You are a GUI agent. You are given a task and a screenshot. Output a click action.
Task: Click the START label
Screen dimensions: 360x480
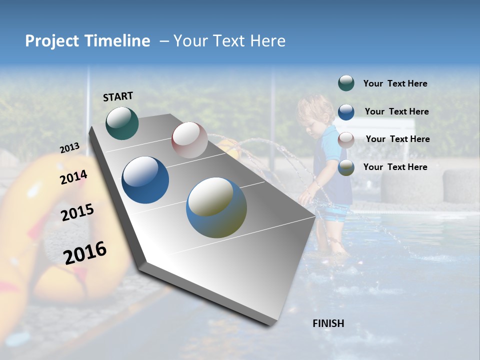click(x=118, y=96)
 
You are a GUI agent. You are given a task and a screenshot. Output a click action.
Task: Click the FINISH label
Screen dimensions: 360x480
click(x=328, y=323)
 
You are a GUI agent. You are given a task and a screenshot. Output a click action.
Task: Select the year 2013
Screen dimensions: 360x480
click(x=69, y=148)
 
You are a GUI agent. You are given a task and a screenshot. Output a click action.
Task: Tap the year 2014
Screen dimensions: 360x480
click(x=73, y=177)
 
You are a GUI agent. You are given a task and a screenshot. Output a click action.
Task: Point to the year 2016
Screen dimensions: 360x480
click(x=85, y=253)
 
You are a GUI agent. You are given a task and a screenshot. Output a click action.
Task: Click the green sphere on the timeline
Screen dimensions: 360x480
click(x=122, y=123)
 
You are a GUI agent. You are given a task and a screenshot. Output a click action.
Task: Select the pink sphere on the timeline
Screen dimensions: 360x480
click(x=189, y=140)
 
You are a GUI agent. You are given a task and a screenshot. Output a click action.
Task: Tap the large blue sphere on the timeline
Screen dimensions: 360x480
click(x=145, y=180)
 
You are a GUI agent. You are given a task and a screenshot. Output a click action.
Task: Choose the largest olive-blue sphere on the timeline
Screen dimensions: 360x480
click(x=216, y=207)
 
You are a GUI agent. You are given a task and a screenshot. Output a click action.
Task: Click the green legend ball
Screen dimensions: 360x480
click(x=346, y=83)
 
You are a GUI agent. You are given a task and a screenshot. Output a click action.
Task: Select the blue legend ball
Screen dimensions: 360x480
click(x=346, y=112)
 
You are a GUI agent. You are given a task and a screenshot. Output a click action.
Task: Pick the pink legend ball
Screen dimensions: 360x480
click(x=346, y=139)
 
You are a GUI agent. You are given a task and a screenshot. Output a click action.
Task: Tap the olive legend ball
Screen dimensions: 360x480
click(x=346, y=167)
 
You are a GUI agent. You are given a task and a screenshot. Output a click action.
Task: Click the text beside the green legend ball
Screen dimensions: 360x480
click(x=395, y=84)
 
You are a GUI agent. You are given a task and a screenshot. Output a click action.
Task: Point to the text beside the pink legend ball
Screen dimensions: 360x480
click(x=397, y=139)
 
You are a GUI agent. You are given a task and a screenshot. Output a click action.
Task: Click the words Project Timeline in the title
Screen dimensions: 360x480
click(x=87, y=41)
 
